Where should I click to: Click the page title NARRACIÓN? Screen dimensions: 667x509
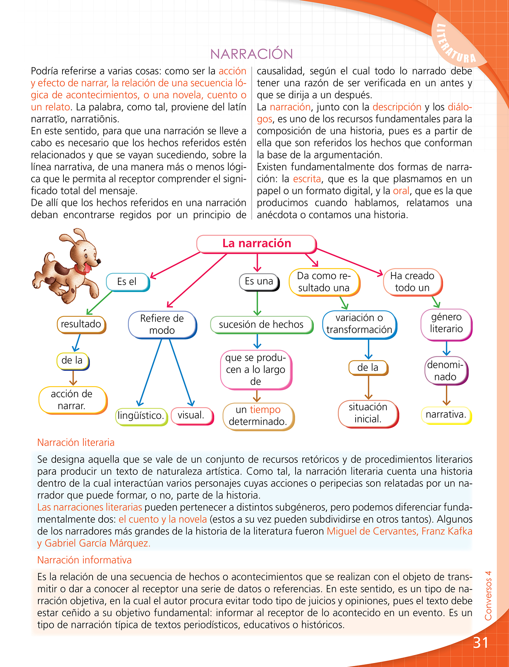click(251, 54)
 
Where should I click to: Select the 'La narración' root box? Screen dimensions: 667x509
click(257, 244)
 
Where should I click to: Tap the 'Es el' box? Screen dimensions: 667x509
click(127, 282)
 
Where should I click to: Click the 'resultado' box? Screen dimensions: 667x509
click(81, 324)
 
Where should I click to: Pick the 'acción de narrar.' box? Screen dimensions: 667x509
click(72, 400)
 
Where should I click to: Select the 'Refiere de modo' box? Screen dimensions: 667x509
click(162, 324)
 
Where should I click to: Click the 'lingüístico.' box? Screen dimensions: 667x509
click(141, 416)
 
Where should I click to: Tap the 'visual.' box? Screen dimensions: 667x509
click(191, 415)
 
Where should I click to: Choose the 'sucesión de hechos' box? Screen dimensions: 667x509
click(261, 324)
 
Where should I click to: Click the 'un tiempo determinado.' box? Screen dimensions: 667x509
click(258, 416)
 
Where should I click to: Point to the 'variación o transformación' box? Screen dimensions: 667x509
click(359, 324)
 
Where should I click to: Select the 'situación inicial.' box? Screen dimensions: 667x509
click(368, 413)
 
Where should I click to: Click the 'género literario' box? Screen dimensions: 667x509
click(446, 323)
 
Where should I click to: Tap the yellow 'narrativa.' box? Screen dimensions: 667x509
click(446, 415)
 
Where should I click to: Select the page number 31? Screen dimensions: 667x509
click(480, 643)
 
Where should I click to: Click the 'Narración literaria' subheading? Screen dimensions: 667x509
click(76, 443)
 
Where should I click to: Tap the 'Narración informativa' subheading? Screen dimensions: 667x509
click(84, 560)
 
